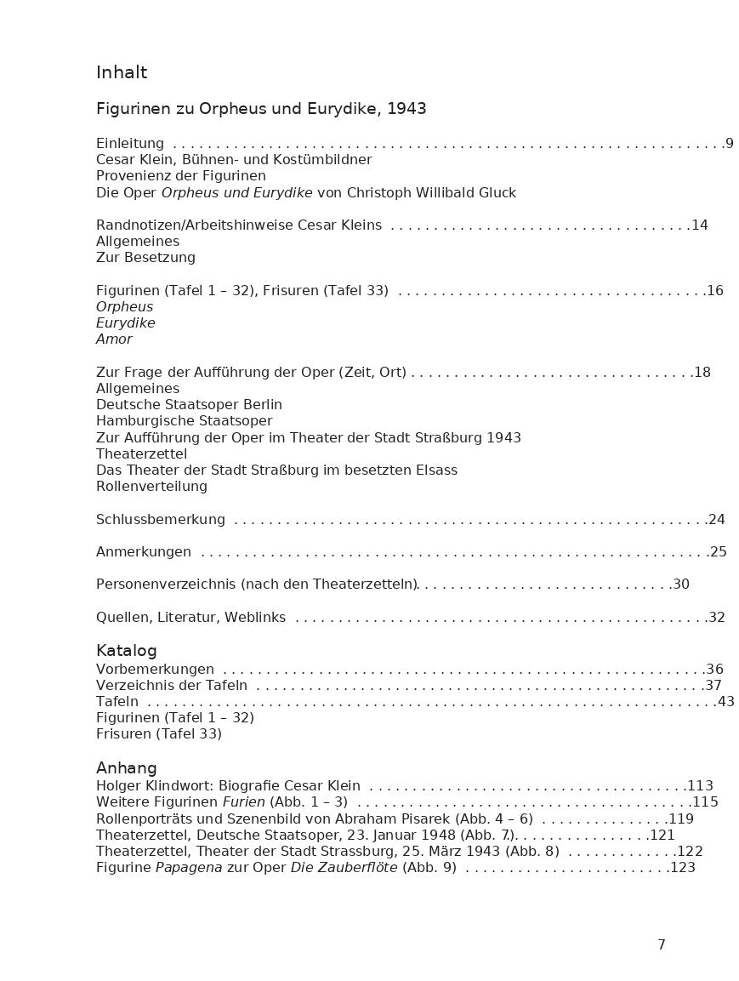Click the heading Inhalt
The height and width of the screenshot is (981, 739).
click(122, 73)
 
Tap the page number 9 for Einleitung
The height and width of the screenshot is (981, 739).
click(730, 144)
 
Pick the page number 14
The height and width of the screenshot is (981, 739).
click(700, 225)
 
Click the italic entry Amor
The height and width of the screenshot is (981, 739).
click(114, 339)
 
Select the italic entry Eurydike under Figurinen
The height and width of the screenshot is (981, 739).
click(126, 323)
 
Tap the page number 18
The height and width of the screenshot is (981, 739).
click(702, 373)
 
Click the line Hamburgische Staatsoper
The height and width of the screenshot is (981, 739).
click(185, 421)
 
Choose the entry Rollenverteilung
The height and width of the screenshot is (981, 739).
click(151, 487)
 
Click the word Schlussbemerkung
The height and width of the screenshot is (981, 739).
click(161, 520)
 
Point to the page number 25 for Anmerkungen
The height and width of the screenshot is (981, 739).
click(719, 552)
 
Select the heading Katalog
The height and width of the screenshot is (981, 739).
click(127, 651)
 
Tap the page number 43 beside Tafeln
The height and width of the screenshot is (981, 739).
click(726, 702)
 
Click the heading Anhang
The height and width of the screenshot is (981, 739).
click(127, 768)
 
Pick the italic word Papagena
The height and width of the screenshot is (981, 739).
click(189, 868)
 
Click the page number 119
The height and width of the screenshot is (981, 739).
click(681, 819)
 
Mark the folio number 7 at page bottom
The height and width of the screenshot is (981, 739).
click(662, 945)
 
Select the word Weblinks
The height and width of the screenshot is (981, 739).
click(255, 618)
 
